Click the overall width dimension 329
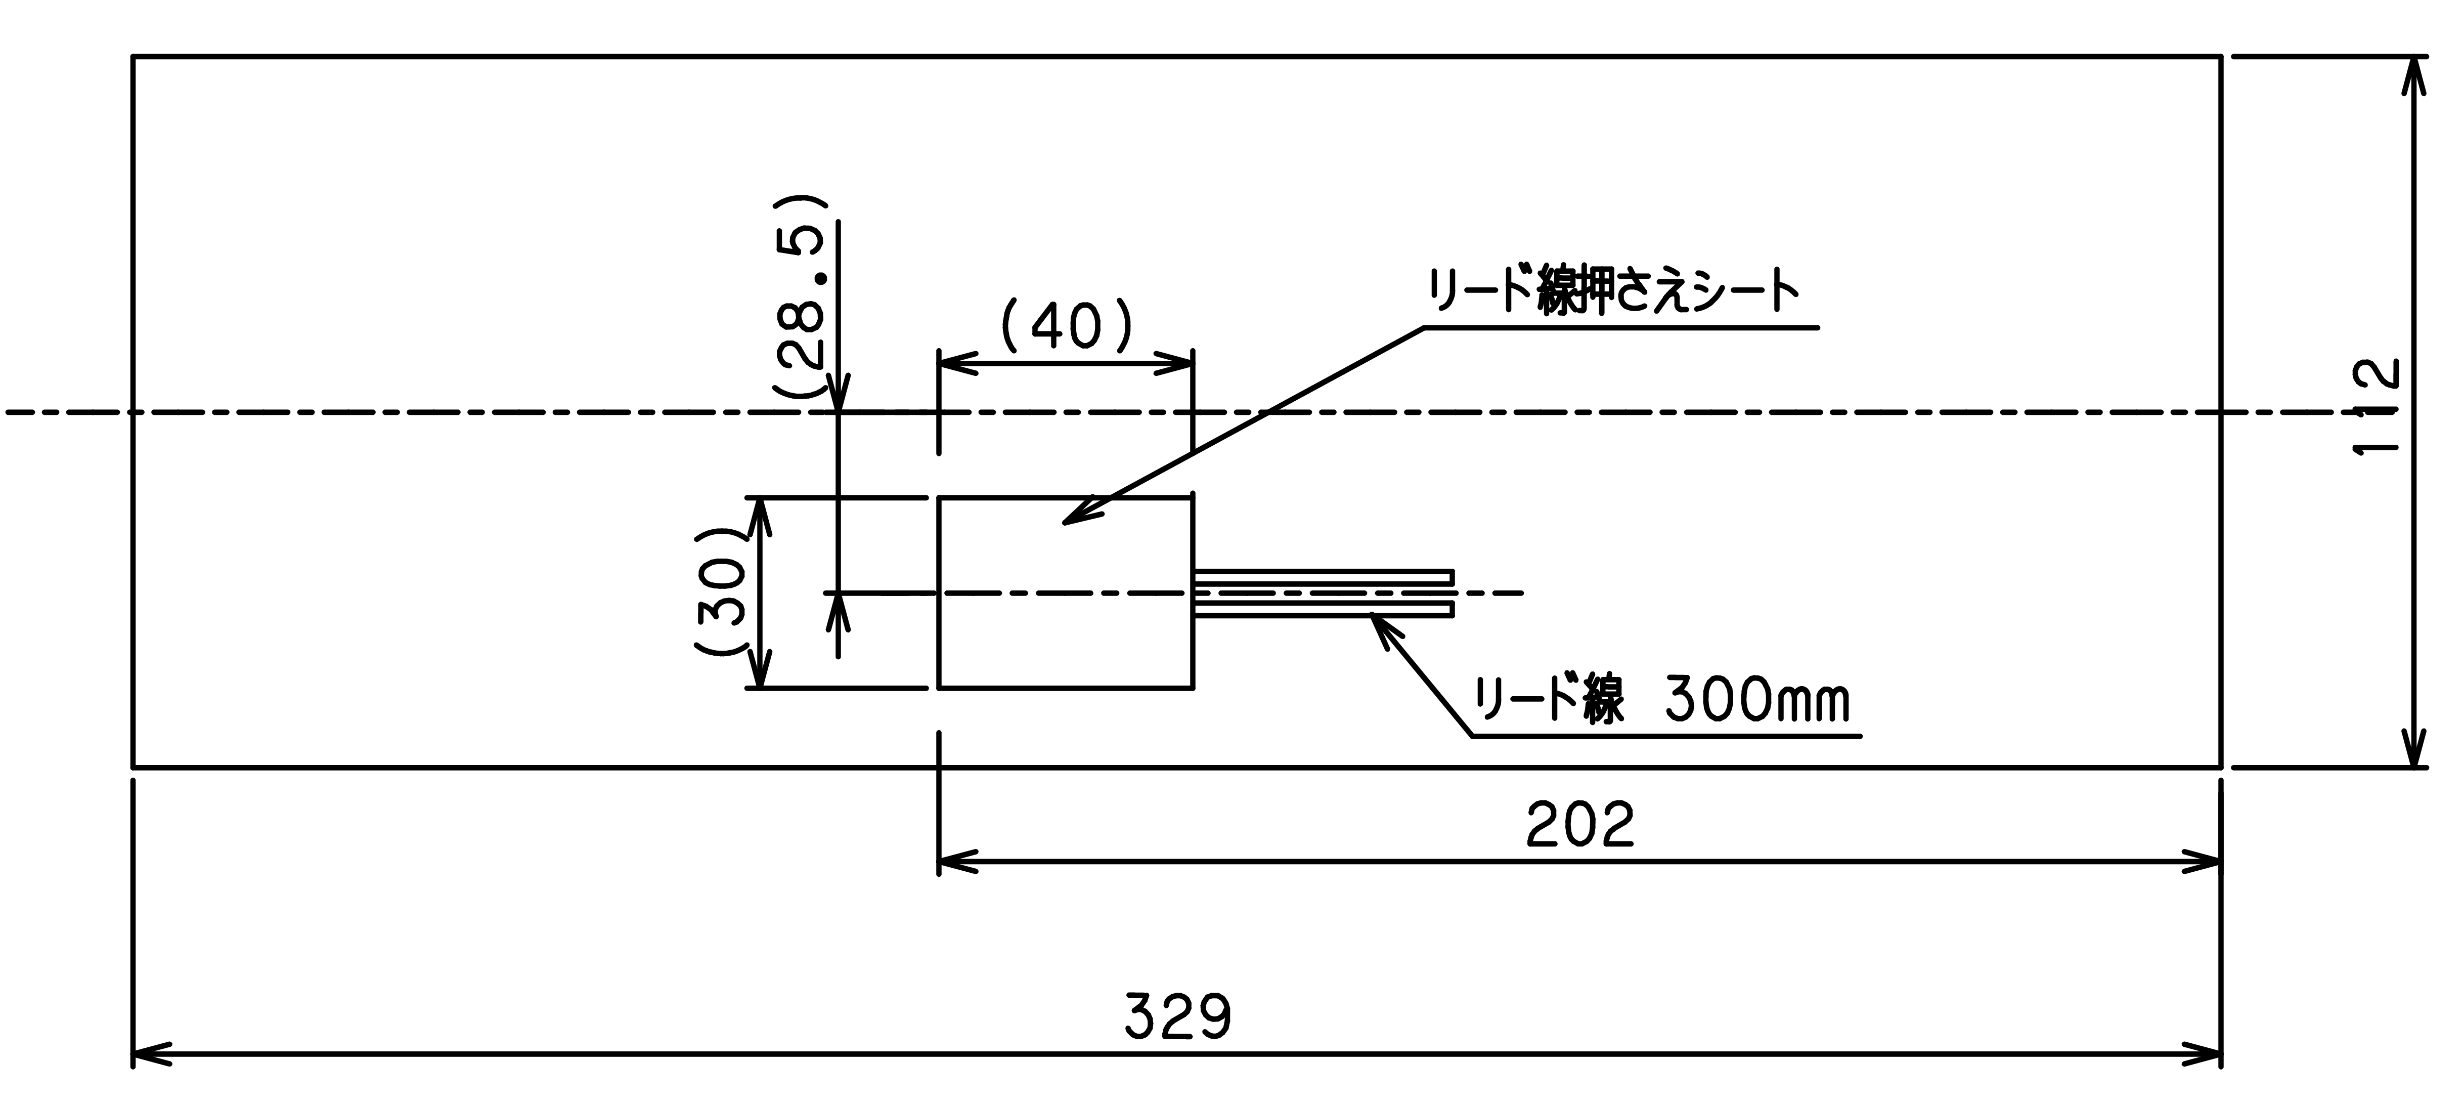1177,1017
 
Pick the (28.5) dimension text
801,296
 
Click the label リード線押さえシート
1613,291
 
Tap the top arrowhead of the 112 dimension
2415,72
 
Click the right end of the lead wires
1452,592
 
